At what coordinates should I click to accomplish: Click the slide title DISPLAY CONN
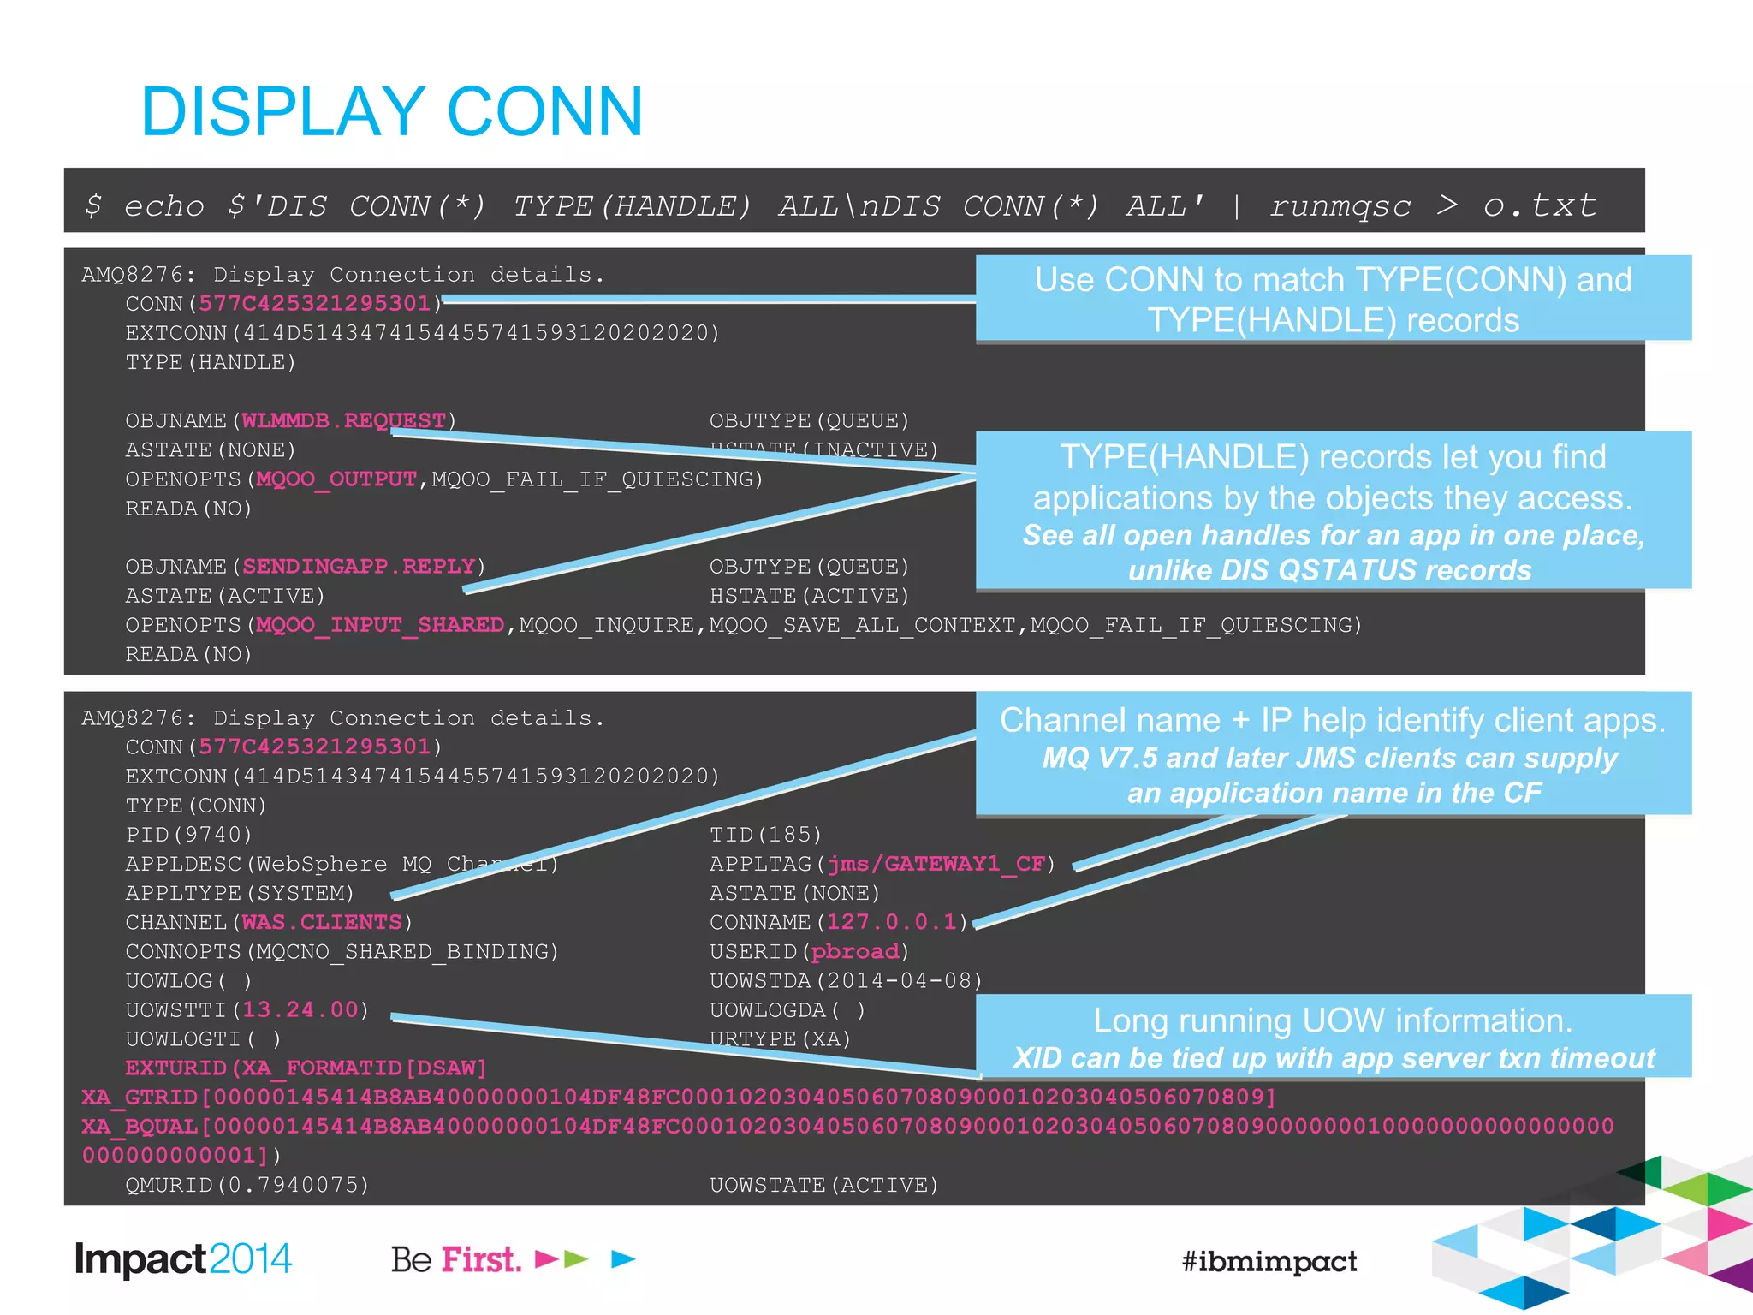point(392,111)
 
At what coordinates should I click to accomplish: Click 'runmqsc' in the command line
point(1340,206)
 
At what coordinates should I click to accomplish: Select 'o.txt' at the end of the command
point(1539,205)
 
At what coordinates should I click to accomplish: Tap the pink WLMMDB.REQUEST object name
point(343,420)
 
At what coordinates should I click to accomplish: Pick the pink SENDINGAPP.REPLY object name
point(359,566)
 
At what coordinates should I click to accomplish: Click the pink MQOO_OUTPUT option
point(336,479)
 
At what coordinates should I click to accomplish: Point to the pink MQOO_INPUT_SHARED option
point(380,625)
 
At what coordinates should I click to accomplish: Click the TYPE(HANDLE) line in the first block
point(211,362)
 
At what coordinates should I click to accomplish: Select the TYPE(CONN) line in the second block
point(196,806)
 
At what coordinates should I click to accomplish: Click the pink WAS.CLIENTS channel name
point(322,922)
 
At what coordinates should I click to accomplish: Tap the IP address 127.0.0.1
point(891,922)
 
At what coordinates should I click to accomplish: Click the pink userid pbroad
point(854,951)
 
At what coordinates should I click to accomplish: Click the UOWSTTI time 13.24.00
point(300,1009)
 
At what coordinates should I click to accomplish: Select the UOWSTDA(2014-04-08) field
point(846,980)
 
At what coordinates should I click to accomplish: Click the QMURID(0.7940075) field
point(247,1185)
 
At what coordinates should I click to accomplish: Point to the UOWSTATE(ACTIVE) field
point(823,1185)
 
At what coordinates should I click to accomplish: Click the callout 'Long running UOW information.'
point(1333,1021)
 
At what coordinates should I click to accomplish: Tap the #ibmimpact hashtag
point(1269,1261)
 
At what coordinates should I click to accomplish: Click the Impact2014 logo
point(183,1259)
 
